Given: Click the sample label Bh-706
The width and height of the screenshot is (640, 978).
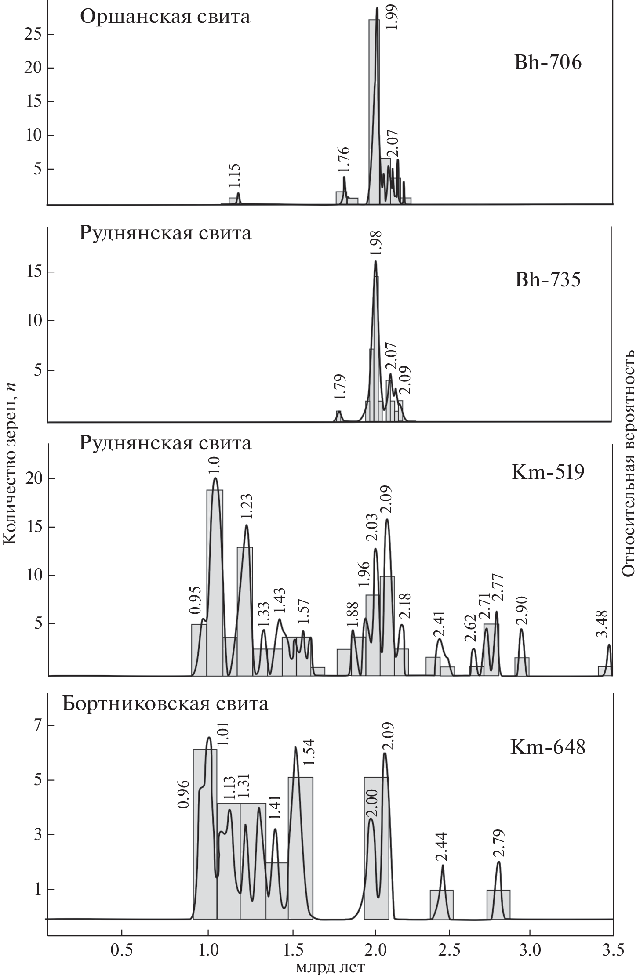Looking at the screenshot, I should point(548,63).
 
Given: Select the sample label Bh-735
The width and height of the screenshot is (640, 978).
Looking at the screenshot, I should point(548,279).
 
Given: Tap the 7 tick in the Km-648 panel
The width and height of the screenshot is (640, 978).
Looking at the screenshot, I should point(37,725).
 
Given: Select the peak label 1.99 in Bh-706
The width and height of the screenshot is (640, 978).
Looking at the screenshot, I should point(393,17).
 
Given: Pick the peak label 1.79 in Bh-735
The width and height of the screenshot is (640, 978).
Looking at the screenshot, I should point(339,386).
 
